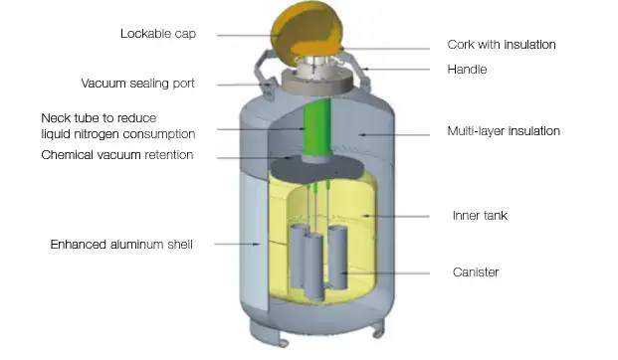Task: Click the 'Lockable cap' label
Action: click(158, 33)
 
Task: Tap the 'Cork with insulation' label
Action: click(501, 45)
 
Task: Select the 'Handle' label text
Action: click(468, 70)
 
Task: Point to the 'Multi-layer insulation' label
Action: click(505, 131)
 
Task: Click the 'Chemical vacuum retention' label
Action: click(117, 155)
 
